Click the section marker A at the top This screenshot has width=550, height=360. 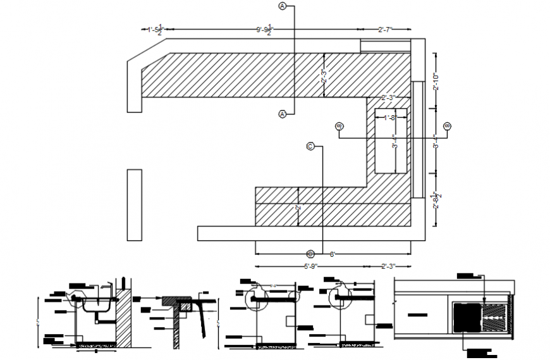pyautogui.click(x=283, y=6)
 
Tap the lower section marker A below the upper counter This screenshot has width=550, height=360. pyautogui.click(x=283, y=114)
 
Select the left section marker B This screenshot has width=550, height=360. pyautogui.click(x=339, y=127)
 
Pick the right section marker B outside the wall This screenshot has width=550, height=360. pyautogui.click(x=448, y=127)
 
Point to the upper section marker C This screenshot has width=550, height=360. pyautogui.click(x=310, y=146)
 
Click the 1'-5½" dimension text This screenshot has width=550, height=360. pyautogui.click(x=156, y=29)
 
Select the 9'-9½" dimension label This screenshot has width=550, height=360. pyautogui.click(x=264, y=30)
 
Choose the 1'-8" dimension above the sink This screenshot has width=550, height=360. pyautogui.click(x=389, y=117)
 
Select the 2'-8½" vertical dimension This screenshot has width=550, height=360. pyautogui.click(x=436, y=201)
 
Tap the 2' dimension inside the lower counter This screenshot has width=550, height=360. pyautogui.click(x=298, y=208)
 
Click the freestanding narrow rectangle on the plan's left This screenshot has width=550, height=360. pyautogui.click(x=135, y=204)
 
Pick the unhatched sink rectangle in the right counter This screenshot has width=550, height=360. pyautogui.click(x=389, y=142)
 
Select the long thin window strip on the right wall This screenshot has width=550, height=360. pyautogui.click(x=417, y=139)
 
